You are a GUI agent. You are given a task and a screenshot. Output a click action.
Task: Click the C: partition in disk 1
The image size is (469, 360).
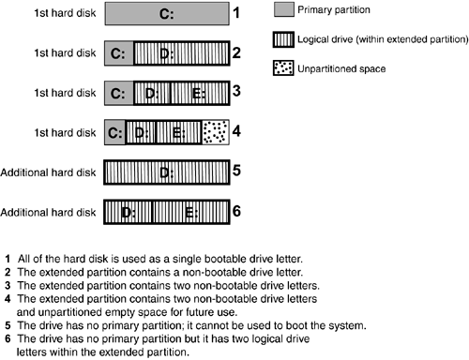click(x=167, y=14)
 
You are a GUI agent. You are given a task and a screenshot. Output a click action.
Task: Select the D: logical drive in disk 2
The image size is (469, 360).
click(x=181, y=53)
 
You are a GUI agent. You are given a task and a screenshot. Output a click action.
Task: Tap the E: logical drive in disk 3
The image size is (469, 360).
click(x=200, y=93)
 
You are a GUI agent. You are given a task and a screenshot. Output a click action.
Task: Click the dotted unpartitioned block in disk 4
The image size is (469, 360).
click(x=216, y=132)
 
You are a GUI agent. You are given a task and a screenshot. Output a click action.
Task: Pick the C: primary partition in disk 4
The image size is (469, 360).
click(x=114, y=132)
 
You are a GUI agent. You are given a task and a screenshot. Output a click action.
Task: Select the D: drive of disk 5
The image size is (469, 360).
click(x=167, y=172)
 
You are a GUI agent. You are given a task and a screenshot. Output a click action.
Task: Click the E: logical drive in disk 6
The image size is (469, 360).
click(x=191, y=212)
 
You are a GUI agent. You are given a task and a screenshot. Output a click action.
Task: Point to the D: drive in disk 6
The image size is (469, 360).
click(x=128, y=212)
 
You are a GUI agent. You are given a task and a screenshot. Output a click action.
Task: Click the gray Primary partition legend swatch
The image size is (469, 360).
click(x=284, y=9)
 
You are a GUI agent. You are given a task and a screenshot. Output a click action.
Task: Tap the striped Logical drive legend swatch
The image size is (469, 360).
click(x=283, y=39)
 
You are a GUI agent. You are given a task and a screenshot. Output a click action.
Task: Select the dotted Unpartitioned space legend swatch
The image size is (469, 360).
click(x=283, y=68)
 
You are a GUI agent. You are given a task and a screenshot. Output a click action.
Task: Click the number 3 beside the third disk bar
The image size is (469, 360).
click(x=236, y=91)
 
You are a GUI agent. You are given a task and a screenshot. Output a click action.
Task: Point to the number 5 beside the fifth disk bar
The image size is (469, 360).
click(x=236, y=171)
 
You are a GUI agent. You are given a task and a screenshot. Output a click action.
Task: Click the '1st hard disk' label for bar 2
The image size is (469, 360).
click(x=65, y=53)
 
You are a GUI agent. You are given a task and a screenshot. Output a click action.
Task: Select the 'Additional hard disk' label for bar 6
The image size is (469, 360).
click(x=48, y=213)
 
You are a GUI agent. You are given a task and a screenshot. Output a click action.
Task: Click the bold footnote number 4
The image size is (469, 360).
click(x=8, y=299)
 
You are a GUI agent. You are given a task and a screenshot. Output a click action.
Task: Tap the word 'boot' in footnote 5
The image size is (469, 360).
click(x=296, y=325)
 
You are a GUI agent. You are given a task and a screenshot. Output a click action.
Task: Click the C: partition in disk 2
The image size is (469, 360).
click(x=119, y=53)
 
